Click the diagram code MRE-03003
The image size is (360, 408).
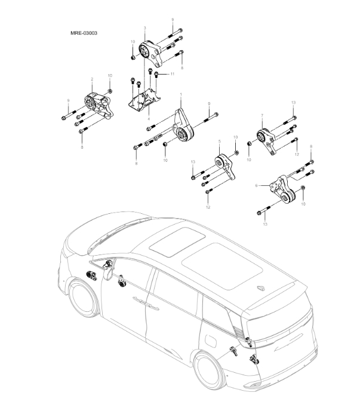(x=84, y=33)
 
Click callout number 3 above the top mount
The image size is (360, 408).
(x=144, y=28)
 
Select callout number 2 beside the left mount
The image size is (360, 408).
(x=91, y=79)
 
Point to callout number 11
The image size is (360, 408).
(x=172, y=73)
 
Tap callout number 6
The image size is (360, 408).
(x=256, y=186)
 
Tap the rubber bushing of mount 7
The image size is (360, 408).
(x=261, y=139)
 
